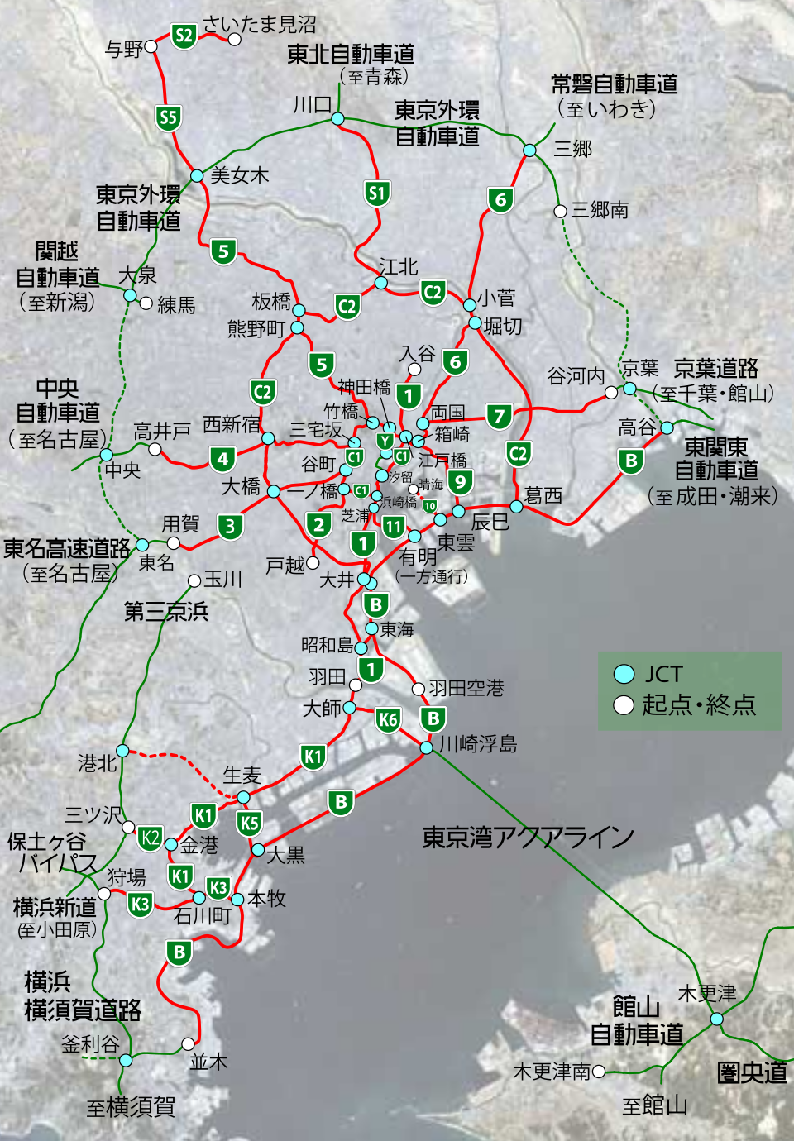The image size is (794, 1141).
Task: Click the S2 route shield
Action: (184, 36)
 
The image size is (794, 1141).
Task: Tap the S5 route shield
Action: (169, 117)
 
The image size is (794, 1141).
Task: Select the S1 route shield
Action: (377, 194)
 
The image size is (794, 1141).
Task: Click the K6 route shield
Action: (388, 719)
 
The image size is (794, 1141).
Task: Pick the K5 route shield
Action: (249, 824)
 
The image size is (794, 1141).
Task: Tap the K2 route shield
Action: (150, 838)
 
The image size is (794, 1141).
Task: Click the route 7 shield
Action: (499, 416)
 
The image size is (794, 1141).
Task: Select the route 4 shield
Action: (222, 458)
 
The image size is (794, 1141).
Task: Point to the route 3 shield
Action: (231, 526)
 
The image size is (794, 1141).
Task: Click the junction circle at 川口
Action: (337, 119)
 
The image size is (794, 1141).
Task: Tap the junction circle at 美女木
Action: (197, 176)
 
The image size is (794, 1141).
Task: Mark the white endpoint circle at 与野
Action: (151, 47)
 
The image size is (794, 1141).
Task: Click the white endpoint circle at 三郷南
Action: (560, 211)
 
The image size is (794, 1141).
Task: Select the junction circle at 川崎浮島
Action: (426, 747)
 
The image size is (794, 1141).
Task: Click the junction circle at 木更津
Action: (716, 1019)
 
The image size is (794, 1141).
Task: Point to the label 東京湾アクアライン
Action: (528, 838)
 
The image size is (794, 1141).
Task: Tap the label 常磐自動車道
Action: (614, 84)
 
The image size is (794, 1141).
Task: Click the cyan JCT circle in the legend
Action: (624, 674)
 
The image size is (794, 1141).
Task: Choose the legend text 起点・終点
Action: (699, 704)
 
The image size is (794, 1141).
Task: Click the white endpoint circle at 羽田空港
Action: (419, 689)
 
